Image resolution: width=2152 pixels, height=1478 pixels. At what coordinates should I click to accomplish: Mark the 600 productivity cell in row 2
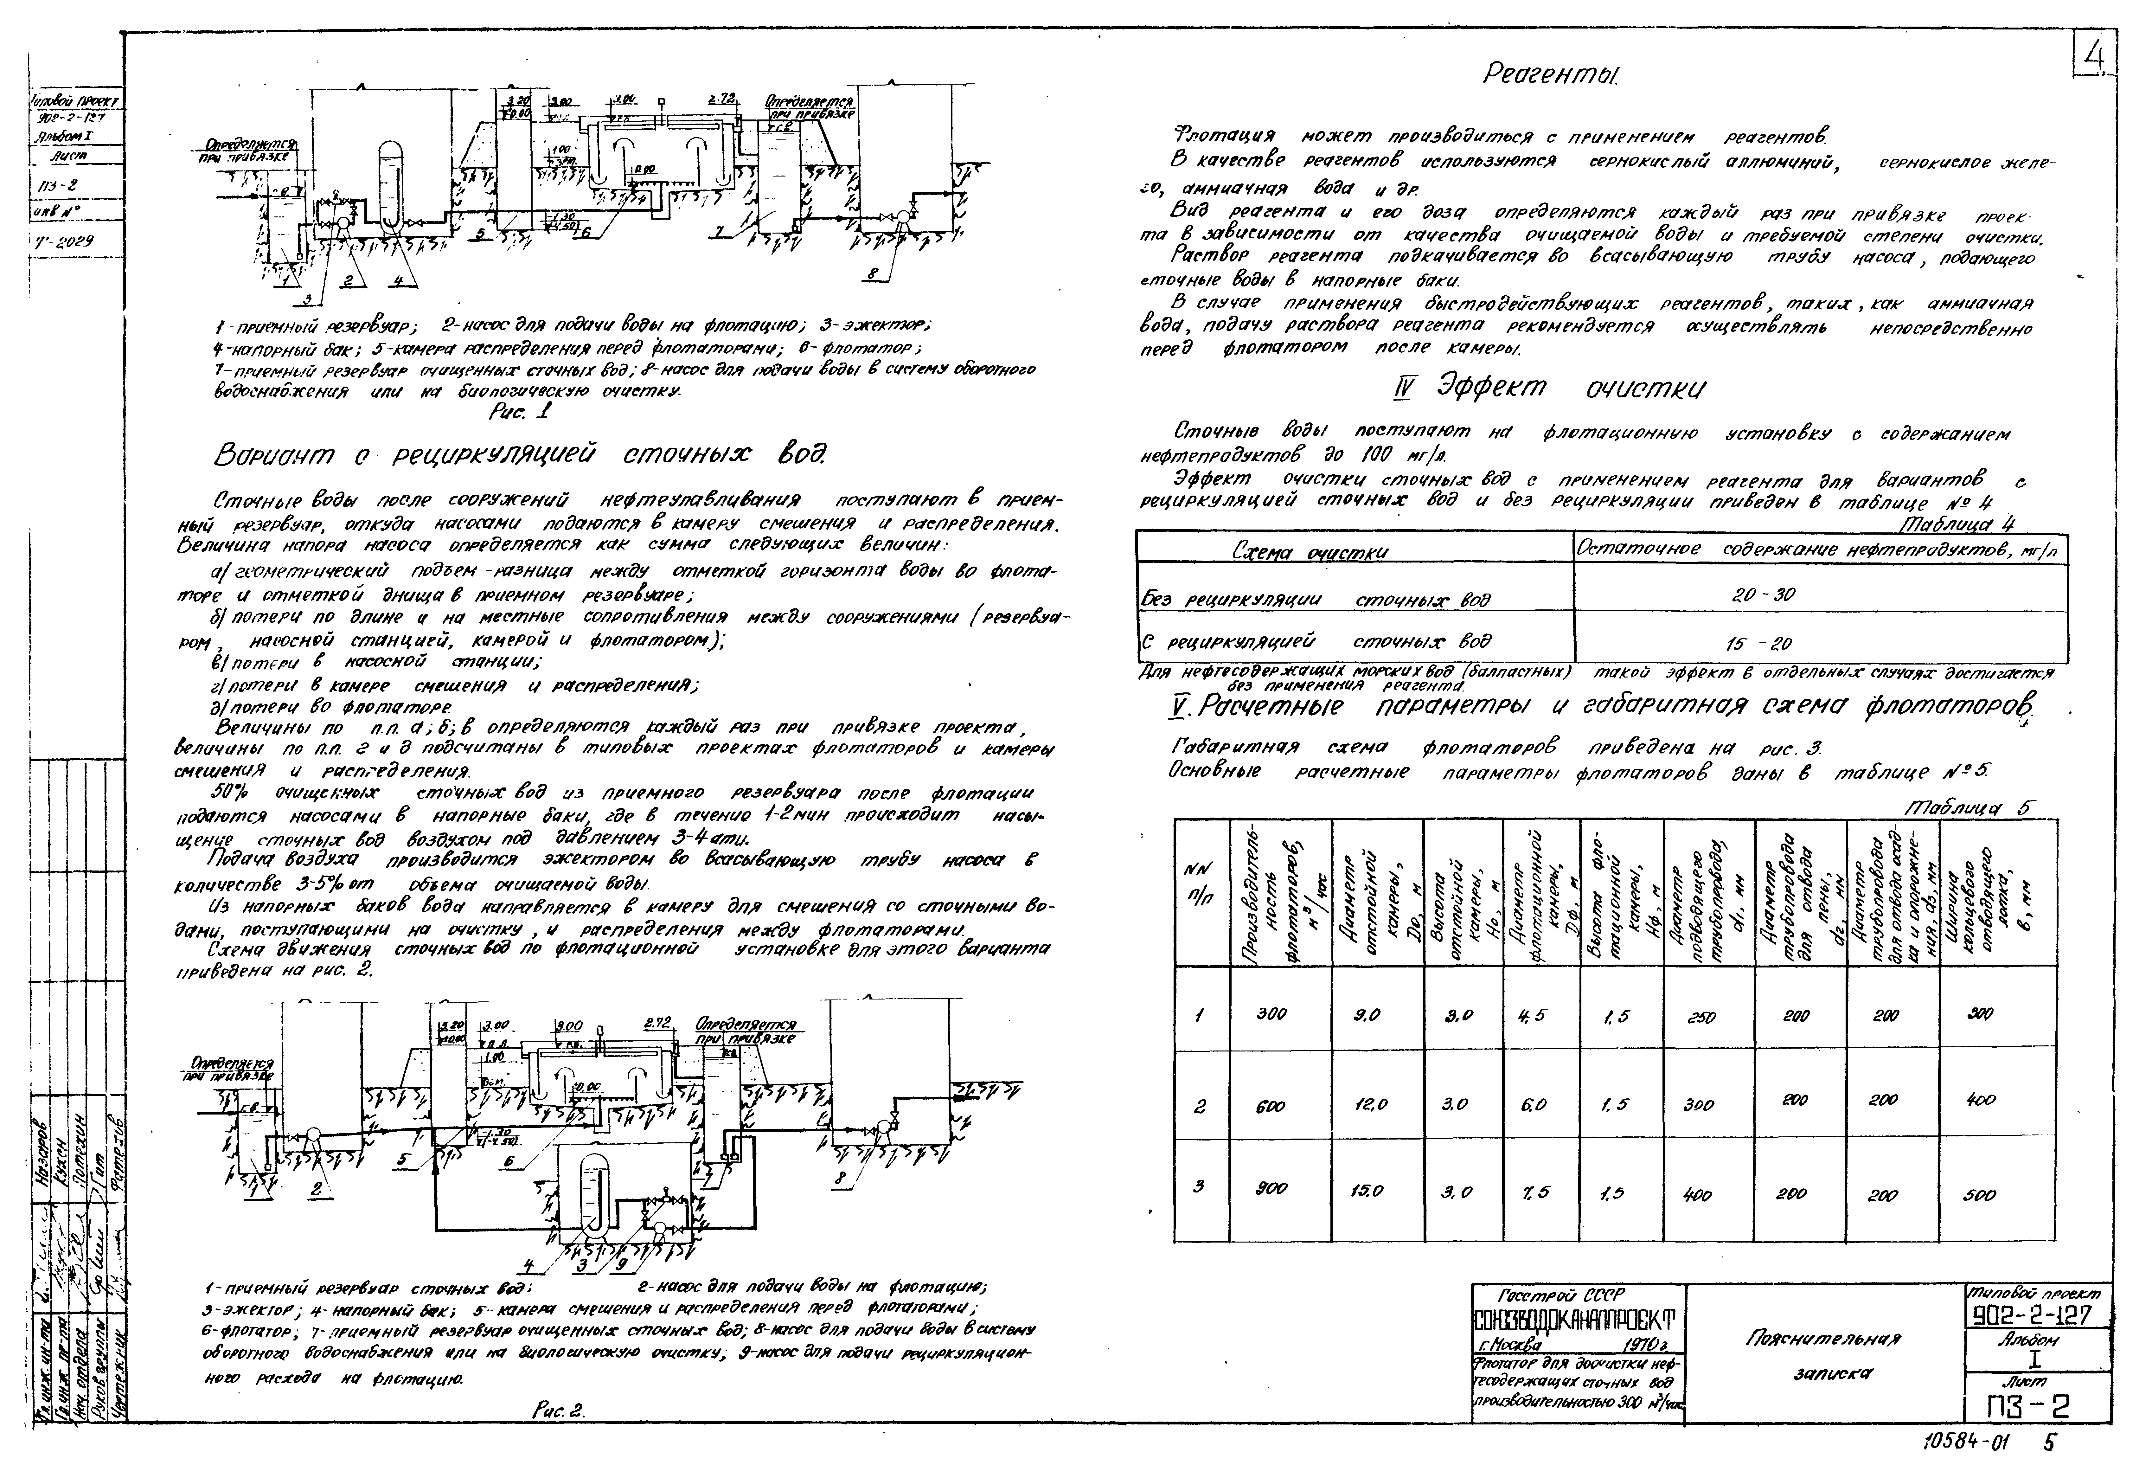pyautogui.click(x=1271, y=1105)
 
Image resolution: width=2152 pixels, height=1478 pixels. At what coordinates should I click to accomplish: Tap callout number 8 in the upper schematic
pyautogui.click(x=873, y=274)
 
